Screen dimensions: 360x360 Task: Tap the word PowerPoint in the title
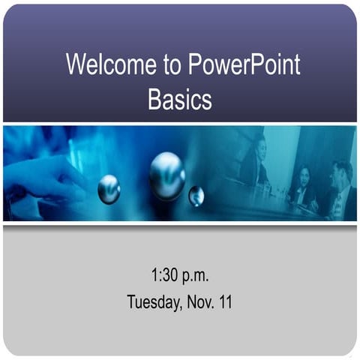[241, 64]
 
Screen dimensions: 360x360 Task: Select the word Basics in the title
[180, 100]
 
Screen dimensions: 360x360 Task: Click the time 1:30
[165, 276]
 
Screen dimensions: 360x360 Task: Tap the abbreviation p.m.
[196, 276]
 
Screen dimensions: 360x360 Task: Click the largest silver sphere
[166, 175]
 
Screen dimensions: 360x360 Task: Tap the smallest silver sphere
[196, 196]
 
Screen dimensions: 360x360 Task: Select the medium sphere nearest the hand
[109, 188]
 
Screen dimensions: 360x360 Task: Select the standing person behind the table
[255, 161]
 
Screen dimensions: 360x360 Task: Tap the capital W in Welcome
[76, 64]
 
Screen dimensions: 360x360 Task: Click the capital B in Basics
[154, 100]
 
